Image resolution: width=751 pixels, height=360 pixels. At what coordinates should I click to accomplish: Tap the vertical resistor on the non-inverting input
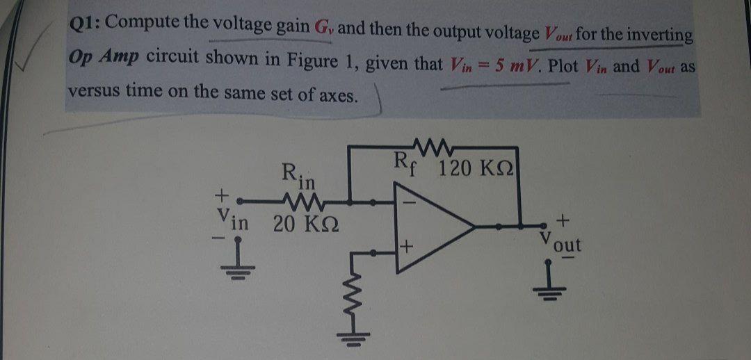(x=360, y=292)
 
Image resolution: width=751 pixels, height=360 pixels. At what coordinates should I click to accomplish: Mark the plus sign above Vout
(x=565, y=220)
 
